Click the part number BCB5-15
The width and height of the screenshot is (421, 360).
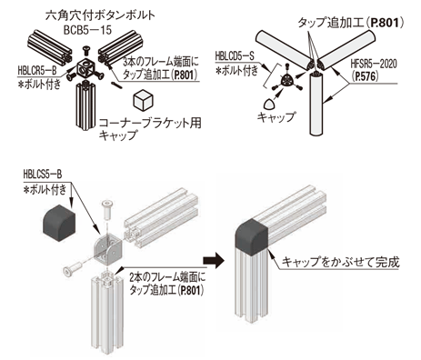(x=87, y=30)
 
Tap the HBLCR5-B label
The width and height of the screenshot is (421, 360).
(x=37, y=71)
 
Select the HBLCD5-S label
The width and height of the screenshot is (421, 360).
(x=235, y=56)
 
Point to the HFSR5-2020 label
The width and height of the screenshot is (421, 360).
(x=374, y=65)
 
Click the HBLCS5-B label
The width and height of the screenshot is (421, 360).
(x=43, y=175)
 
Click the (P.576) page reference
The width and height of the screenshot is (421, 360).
(x=366, y=76)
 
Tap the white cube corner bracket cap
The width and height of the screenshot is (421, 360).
(x=143, y=100)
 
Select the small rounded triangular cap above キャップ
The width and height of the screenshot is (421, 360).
(x=268, y=105)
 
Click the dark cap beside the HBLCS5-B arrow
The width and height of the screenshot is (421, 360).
(x=59, y=223)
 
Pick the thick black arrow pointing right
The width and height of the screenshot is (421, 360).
(x=214, y=261)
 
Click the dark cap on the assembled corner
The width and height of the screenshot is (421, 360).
(x=252, y=235)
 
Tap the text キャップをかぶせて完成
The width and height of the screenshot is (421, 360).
(x=341, y=262)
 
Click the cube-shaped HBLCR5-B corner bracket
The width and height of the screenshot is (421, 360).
(x=85, y=69)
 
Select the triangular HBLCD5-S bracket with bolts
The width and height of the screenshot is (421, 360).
(x=286, y=80)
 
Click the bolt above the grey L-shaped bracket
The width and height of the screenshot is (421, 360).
(x=106, y=210)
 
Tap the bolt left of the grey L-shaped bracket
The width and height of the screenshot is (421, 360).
(x=73, y=268)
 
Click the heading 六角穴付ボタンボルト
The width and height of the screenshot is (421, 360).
(x=100, y=15)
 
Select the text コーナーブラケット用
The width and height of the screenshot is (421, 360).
(x=151, y=123)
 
